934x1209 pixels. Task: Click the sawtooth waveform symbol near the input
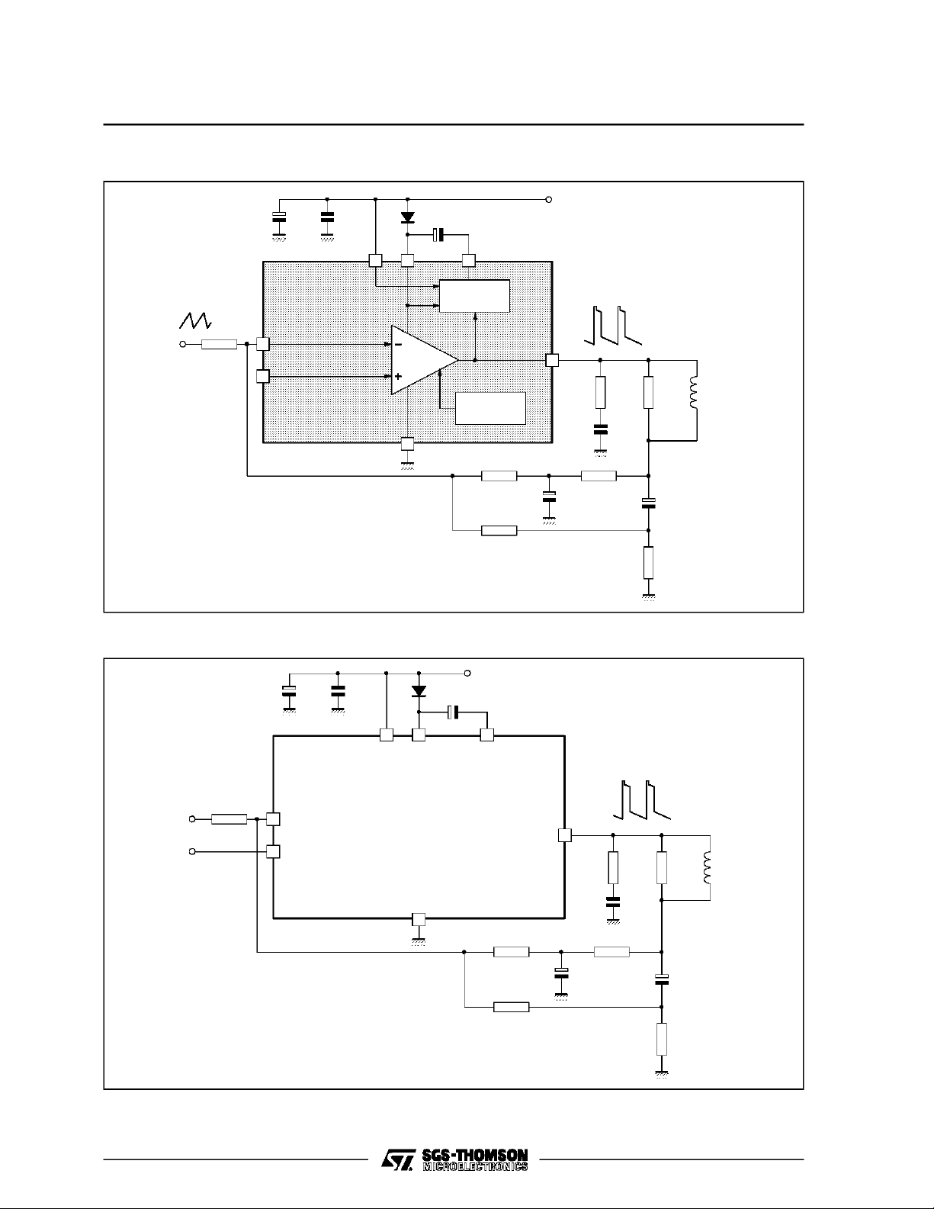pyautogui.click(x=194, y=320)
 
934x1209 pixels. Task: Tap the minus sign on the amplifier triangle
pyautogui.click(x=398, y=345)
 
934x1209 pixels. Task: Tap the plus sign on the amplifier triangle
pyautogui.click(x=398, y=377)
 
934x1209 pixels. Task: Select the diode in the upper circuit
pyautogui.click(x=407, y=217)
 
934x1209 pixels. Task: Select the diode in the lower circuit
pyautogui.click(x=419, y=691)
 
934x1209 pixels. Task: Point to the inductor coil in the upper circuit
pyautogui.click(x=693, y=393)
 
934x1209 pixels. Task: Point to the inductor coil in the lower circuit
pyautogui.click(x=708, y=867)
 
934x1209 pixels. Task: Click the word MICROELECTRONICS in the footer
pyautogui.click(x=475, y=1166)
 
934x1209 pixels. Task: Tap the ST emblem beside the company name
pyautogui.click(x=398, y=1159)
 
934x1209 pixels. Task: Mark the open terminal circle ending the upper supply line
pyautogui.click(x=549, y=199)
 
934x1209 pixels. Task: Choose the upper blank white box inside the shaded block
pyautogui.click(x=475, y=296)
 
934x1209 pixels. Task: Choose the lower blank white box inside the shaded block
pyautogui.click(x=490, y=408)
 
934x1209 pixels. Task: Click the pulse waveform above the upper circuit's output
pyautogui.click(x=613, y=325)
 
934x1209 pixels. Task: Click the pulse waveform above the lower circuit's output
pyautogui.click(x=642, y=800)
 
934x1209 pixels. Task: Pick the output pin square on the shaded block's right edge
pyautogui.click(x=552, y=360)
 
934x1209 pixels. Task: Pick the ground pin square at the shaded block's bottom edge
pyautogui.click(x=407, y=443)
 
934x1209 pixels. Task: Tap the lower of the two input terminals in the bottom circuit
pyautogui.click(x=192, y=851)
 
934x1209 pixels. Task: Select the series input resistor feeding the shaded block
pyautogui.click(x=219, y=345)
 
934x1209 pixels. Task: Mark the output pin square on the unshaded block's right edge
pyautogui.click(x=564, y=835)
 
